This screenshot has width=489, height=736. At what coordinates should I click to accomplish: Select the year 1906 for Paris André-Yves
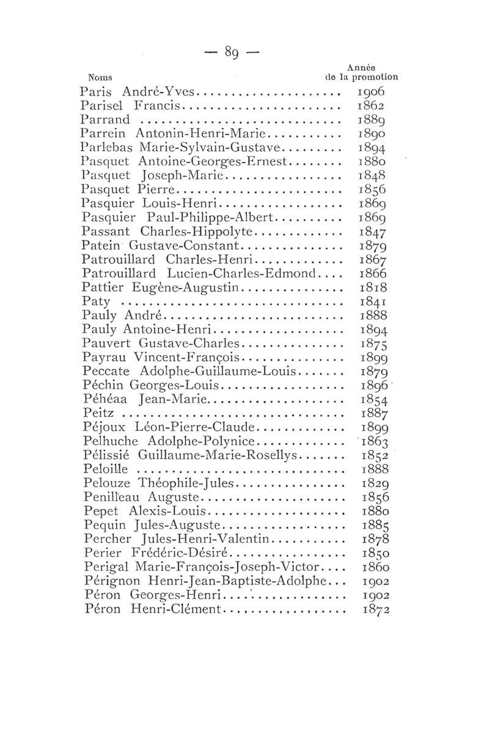pos(373,92)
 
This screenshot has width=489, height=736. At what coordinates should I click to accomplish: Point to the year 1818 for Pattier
pos(373,287)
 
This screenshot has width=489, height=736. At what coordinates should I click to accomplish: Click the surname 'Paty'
pos(95,301)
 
